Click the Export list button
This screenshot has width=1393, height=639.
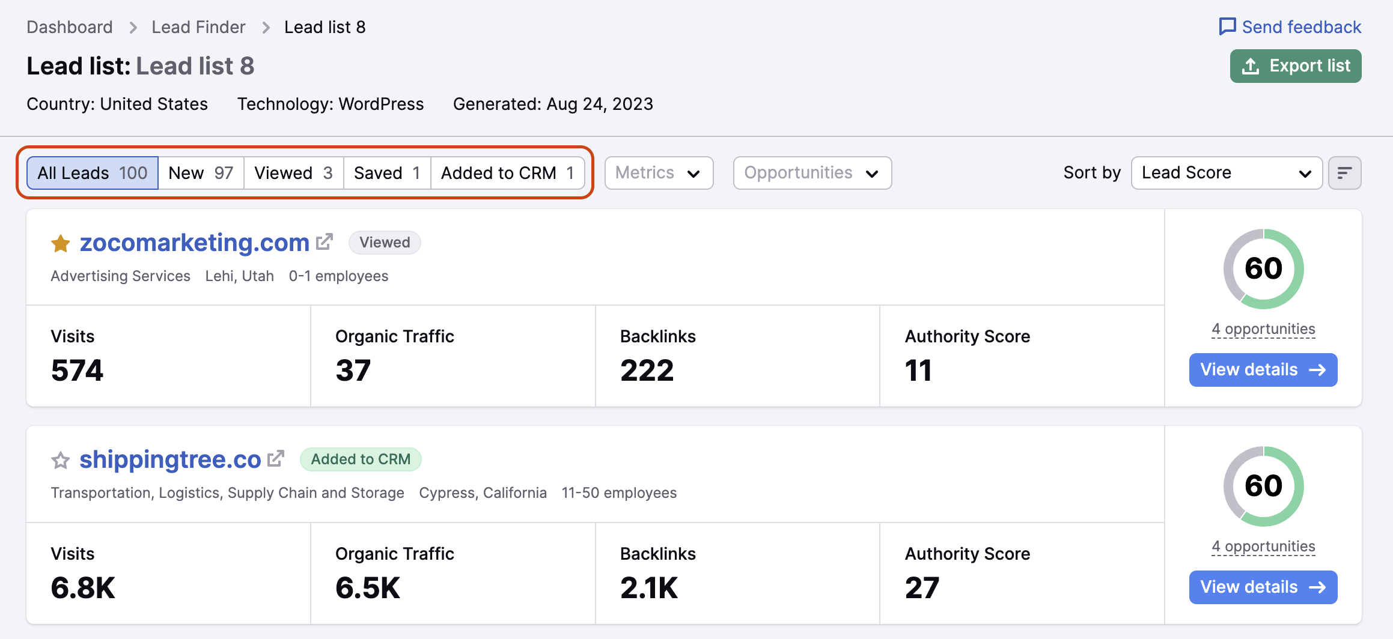pos(1295,66)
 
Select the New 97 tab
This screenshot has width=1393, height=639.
pos(201,173)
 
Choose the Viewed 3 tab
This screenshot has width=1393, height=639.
pos(293,173)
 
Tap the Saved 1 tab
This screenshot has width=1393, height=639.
pos(386,173)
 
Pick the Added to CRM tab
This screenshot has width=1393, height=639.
pos(507,173)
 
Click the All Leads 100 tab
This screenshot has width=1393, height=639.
pos(93,173)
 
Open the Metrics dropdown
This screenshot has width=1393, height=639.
pos(659,173)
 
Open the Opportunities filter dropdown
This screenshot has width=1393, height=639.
pos(812,173)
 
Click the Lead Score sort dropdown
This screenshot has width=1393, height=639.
pos(1226,173)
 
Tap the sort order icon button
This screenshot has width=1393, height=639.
pos(1344,173)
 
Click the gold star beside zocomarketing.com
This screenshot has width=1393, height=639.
pos(61,243)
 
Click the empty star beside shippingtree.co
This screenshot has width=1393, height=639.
pos(61,461)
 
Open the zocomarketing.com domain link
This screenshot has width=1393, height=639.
pos(194,243)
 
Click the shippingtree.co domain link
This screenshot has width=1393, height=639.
pos(170,459)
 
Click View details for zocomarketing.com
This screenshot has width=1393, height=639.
pos(1263,370)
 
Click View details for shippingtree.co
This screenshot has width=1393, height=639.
pos(1263,587)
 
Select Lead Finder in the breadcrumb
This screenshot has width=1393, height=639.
pos(198,27)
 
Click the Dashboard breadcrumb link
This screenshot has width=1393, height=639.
pos(70,27)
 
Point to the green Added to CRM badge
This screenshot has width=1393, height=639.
pos(361,459)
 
